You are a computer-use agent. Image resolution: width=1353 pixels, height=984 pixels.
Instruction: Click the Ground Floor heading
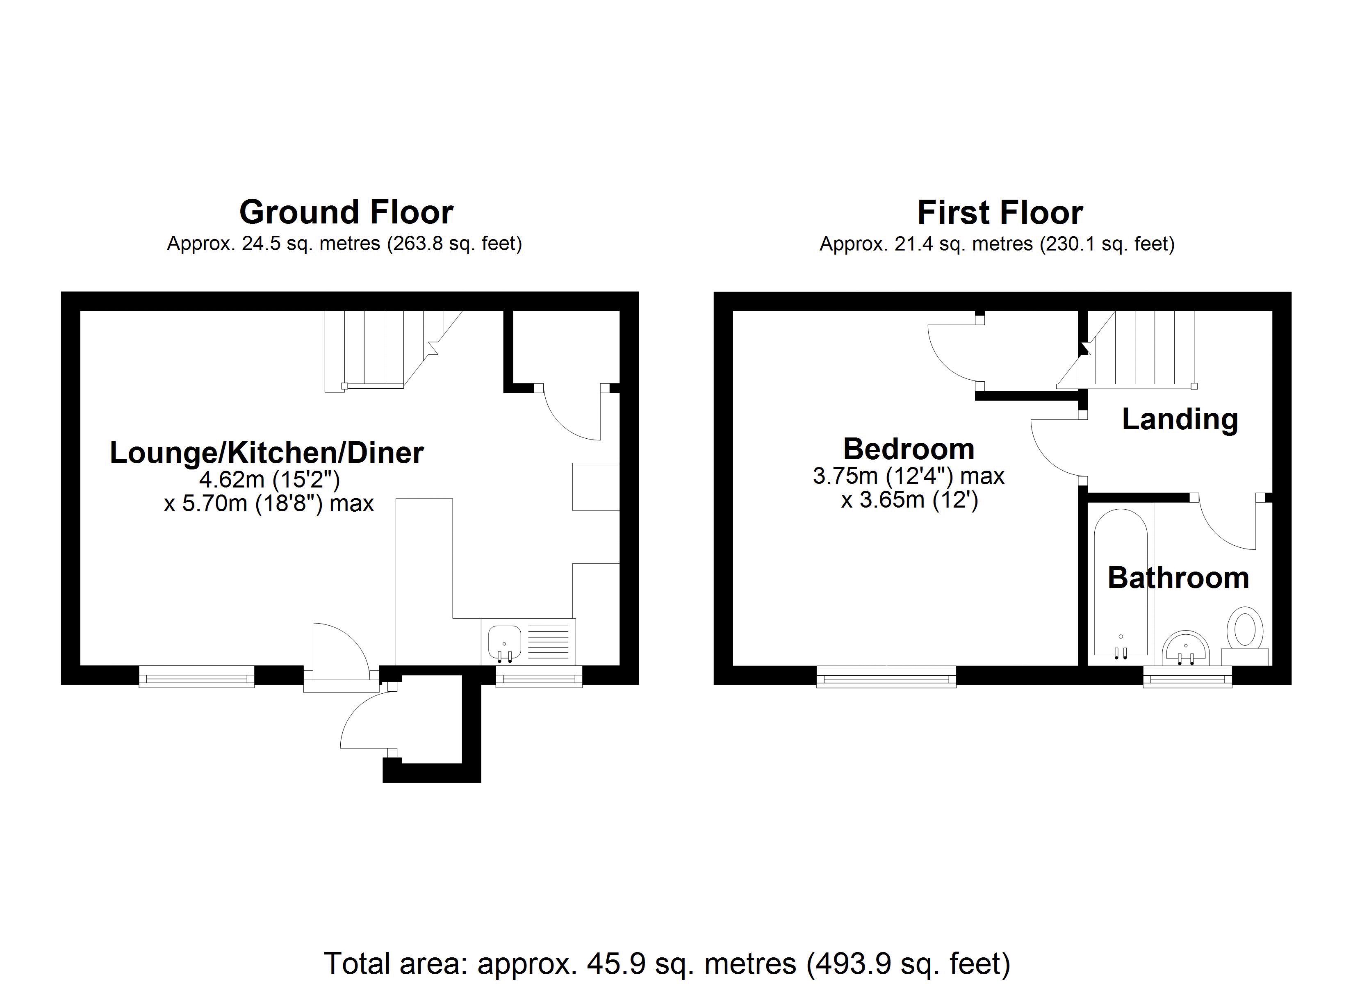pyautogui.click(x=346, y=212)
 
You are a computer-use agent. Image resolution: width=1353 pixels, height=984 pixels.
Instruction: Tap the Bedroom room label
pyautogui.click(x=909, y=449)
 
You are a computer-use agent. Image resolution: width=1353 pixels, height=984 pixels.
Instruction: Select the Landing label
pyautogui.click(x=1180, y=419)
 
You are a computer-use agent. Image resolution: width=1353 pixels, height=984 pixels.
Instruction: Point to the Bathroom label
pyautogui.click(x=1178, y=578)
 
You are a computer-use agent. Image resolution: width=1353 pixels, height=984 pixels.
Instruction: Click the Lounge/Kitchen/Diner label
pyautogui.click(x=266, y=452)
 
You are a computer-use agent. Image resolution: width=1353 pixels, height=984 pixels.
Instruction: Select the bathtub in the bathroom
pyautogui.click(x=1121, y=585)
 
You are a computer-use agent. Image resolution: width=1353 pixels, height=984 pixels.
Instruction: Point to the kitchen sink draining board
pyautogui.click(x=548, y=642)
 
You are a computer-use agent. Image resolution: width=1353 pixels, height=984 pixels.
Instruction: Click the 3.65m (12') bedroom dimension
pyautogui.click(x=909, y=499)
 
